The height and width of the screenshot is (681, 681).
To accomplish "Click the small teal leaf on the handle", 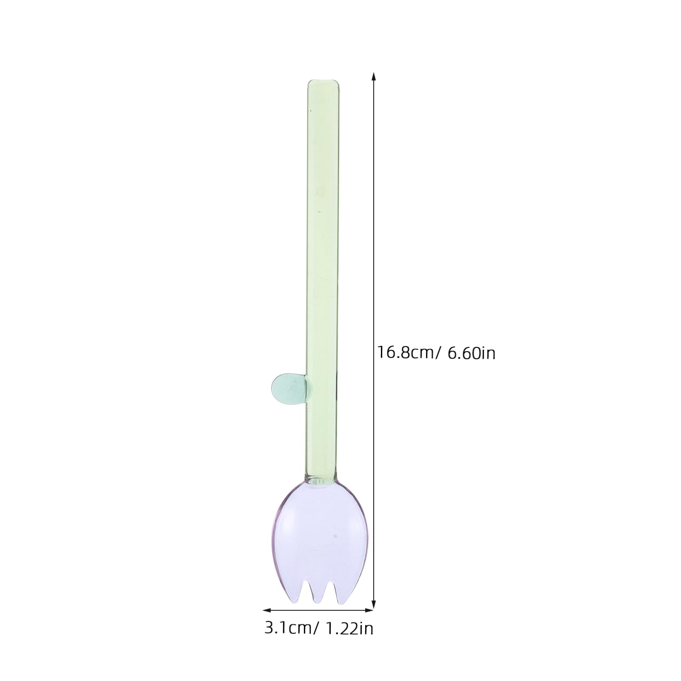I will (x=286, y=388).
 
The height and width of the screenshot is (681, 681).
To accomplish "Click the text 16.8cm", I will (x=405, y=353).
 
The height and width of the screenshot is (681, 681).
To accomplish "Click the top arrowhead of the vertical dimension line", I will (x=374, y=75).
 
